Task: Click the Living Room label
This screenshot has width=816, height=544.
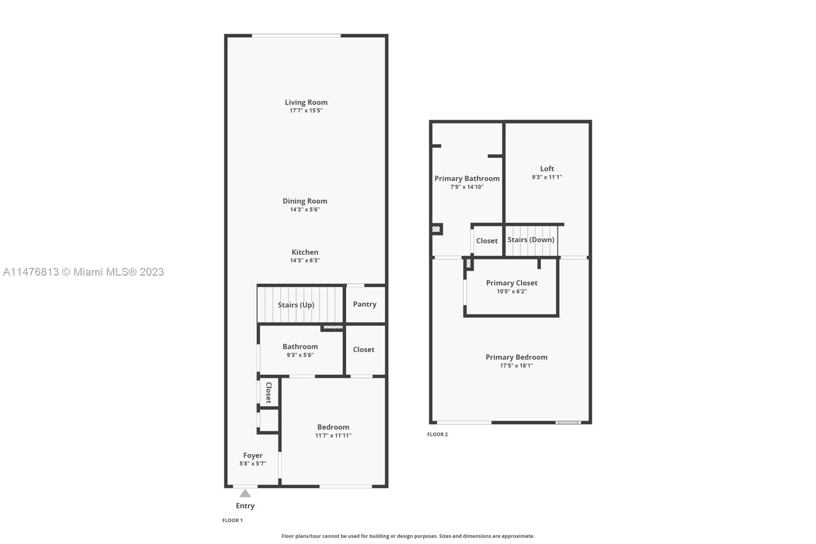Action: pyautogui.click(x=306, y=102)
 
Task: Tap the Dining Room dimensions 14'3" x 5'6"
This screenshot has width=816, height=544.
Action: pyautogui.click(x=304, y=209)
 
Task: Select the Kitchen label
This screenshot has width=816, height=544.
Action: pyautogui.click(x=305, y=252)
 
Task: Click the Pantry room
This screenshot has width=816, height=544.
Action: pyautogui.click(x=365, y=304)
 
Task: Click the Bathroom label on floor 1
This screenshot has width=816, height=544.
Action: pyautogui.click(x=300, y=347)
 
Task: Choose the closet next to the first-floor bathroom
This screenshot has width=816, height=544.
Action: pyautogui.click(x=364, y=350)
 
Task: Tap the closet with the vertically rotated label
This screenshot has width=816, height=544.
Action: pyautogui.click(x=269, y=392)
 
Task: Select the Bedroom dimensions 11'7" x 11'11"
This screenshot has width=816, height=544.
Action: pyautogui.click(x=333, y=435)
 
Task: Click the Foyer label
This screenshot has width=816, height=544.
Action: pyautogui.click(x=253, y=455)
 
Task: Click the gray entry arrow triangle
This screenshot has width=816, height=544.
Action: pyautogui.click(x=245, y=493)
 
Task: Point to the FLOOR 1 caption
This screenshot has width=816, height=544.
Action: pyautogui.click(x=233, y=520)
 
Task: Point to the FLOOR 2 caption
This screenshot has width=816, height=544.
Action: pyautogui.click(x=438, y=434)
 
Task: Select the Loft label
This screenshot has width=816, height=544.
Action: pyautogui.click(x=547, y=168)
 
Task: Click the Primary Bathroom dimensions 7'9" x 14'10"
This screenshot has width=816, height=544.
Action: pyautogui.click(x=467, y=187)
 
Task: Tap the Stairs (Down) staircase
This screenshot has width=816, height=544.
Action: pyautogui.click(x=531, y=240)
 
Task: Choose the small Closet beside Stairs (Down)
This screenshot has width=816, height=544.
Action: pyautogui.click(x=487, y=241)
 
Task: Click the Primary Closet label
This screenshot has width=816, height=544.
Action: pyautogui.click(x=512, y=283)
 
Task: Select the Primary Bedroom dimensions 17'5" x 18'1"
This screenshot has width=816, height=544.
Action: pyautogui.click(x=516, y=365)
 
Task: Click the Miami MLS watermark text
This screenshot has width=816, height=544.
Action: pyautogui.click(x=84, y=272)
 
